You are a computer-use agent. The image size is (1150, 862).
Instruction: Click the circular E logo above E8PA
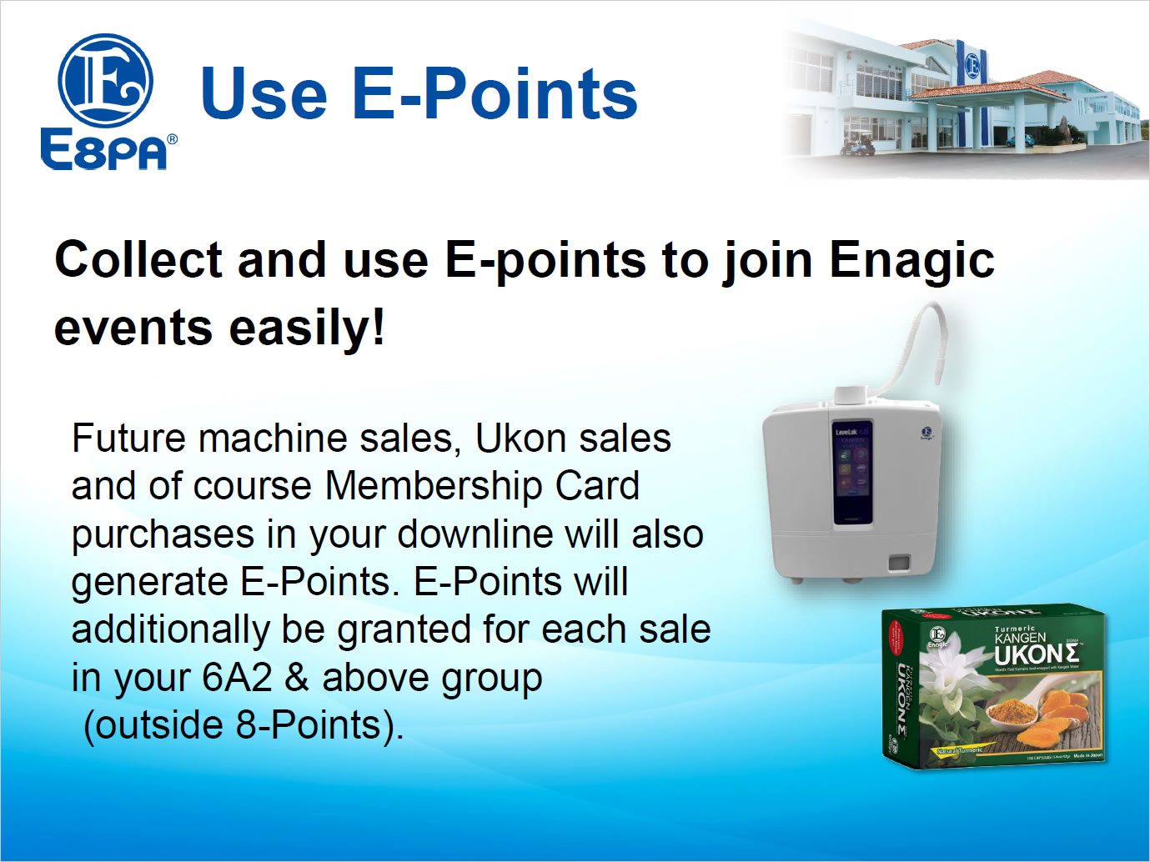tap(105, 81)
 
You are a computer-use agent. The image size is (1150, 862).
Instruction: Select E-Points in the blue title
tap(495, 93)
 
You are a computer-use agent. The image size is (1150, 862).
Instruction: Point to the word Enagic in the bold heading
tap(911, 260)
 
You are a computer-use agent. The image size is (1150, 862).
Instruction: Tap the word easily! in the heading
tap(307, 327)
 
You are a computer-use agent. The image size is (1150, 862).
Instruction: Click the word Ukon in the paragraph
tap(520, 439)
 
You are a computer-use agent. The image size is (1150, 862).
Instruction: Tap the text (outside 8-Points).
tap(244, 725)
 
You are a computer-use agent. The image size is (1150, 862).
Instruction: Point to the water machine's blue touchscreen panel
tap(852, 474)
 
